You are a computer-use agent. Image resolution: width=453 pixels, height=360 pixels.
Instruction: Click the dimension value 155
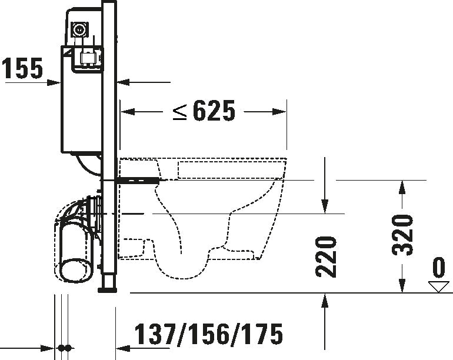(x=22, y=69)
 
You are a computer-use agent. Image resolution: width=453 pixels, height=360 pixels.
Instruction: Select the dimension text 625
(x=213, y=111)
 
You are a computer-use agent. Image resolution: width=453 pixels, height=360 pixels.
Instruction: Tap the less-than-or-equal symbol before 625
(x=180, y=111)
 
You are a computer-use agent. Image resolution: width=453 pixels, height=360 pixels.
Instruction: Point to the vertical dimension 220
(x=326, y=256)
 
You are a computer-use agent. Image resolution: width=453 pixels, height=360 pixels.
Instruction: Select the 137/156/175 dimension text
(x=209, y=334)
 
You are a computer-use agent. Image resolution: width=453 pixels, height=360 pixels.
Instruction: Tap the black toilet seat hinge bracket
(x=138, y=179)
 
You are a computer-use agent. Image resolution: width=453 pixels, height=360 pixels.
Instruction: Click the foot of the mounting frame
(x=108, y=288)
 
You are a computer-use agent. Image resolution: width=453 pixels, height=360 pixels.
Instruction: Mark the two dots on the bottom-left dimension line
(x=65, y=348)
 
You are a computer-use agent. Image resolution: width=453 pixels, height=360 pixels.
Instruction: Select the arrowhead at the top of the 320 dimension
(x=402, y=186)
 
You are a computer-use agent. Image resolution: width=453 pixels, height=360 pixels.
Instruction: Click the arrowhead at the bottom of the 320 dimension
(x=402, y=286)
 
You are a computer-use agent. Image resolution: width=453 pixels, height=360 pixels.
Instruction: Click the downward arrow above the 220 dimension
(x=324, y=206)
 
